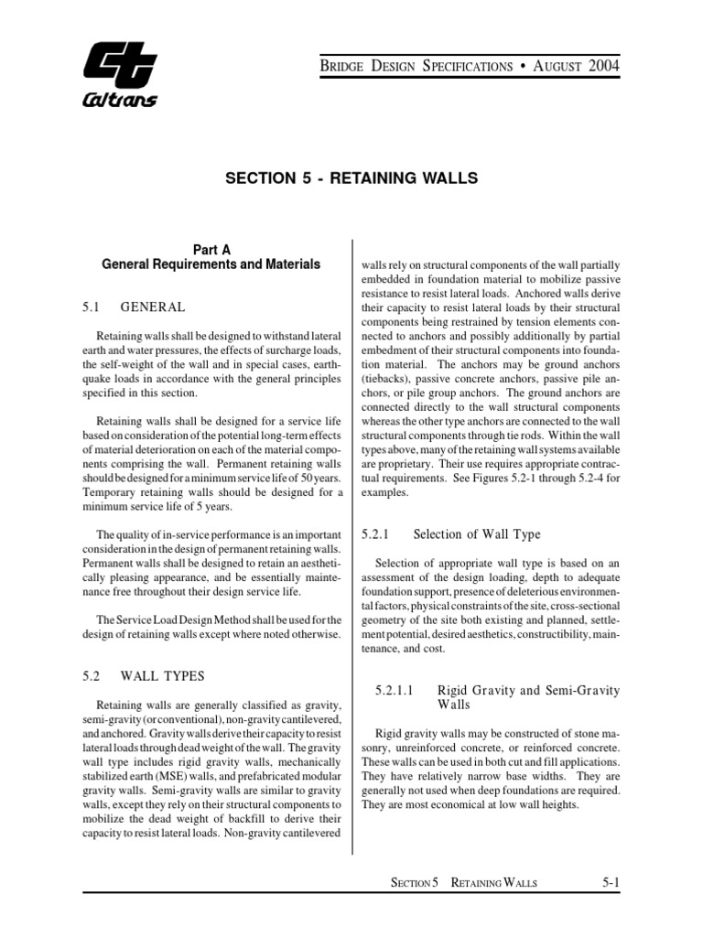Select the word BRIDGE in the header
[x=343, y=66]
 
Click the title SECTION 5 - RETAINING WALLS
[x=351, y=178]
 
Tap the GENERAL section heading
[x=153, y=307]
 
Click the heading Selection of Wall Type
[x=477, y=534]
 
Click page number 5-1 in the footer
[x=612, y=882]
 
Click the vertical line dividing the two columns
[x=353, y=549]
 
